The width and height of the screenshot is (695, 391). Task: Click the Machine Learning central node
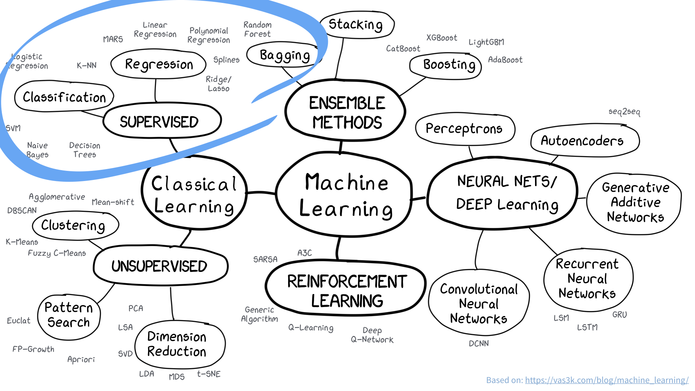[346, 195]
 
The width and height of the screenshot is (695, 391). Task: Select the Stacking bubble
[356, 25]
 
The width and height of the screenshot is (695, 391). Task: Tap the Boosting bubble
[449, 65]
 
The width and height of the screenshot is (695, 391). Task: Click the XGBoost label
[442, 38]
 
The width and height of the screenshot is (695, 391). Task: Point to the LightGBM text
[486, 42]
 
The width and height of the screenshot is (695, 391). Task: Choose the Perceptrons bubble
[464, 129]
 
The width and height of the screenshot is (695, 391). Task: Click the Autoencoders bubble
[582, 140]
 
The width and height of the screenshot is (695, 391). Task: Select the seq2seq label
[624, 112]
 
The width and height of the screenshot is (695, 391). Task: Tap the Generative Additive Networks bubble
[635, 202]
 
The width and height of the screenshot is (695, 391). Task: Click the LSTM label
[587, 327]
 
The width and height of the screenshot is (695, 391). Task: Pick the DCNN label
[479, 343]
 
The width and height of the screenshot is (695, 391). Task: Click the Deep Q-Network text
[372, 335]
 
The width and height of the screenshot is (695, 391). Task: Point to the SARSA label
[265, 259]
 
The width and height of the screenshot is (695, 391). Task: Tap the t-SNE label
[209, 374]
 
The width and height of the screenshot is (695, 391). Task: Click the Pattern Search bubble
[68, 315]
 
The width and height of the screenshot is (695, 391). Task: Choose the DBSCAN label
[22, 210]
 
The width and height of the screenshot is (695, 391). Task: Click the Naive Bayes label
[37, 150]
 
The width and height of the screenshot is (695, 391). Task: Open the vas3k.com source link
[607, 380]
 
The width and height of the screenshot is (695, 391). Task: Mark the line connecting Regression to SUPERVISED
[156, 91]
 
